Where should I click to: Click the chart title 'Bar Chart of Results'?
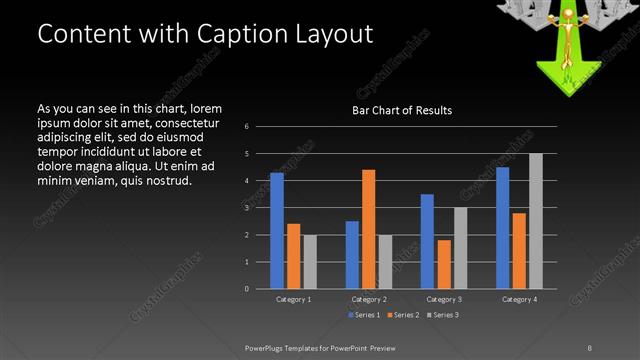point(401,110)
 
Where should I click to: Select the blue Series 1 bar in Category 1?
point(277,231)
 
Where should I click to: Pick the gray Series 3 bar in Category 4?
point(536,221)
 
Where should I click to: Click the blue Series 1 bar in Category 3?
point(427,241)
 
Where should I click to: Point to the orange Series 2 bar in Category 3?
point(444,264)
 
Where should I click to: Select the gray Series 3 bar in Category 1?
point(310,262)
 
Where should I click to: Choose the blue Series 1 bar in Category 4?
point(502,228)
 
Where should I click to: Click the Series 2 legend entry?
point(405,315)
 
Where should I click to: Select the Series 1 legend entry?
point(364,315)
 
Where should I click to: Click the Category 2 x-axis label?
point(369,299)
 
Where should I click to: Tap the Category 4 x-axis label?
point(519,299)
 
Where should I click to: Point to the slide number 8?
point(591,347)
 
